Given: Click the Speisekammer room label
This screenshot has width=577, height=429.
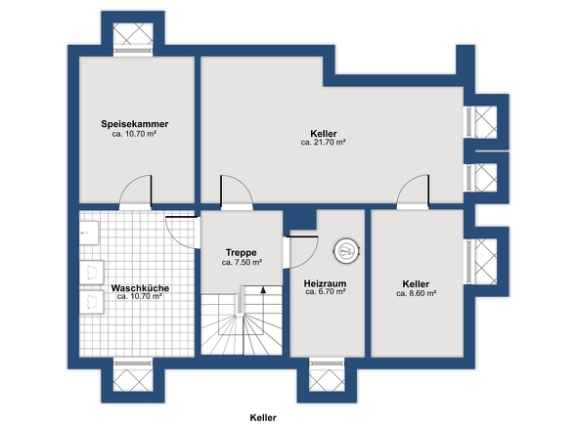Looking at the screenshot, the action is [135, 124].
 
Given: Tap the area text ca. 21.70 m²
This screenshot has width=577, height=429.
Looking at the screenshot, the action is [323, 143].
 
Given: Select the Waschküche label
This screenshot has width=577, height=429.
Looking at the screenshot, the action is [140, 288].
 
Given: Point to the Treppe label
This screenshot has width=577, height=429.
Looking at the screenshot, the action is [242, 252].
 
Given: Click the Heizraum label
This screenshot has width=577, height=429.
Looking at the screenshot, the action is [326, 283].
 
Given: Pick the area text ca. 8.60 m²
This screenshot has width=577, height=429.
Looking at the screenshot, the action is [417, 293].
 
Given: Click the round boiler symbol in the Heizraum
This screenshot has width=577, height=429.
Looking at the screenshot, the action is [346, 251].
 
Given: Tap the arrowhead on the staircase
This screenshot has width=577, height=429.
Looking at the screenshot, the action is [263, 289].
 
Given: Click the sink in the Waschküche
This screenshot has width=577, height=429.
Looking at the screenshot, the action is [89, 233].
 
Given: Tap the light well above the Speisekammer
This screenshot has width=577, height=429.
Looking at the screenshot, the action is [133, 34].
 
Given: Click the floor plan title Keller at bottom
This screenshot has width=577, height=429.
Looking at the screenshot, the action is [263, 417].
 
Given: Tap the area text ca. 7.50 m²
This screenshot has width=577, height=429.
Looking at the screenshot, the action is [242, 263].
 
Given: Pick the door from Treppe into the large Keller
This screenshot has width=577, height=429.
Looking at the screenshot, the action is [237, 193].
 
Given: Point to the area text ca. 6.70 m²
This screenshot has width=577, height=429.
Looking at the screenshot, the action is [326, 292].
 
